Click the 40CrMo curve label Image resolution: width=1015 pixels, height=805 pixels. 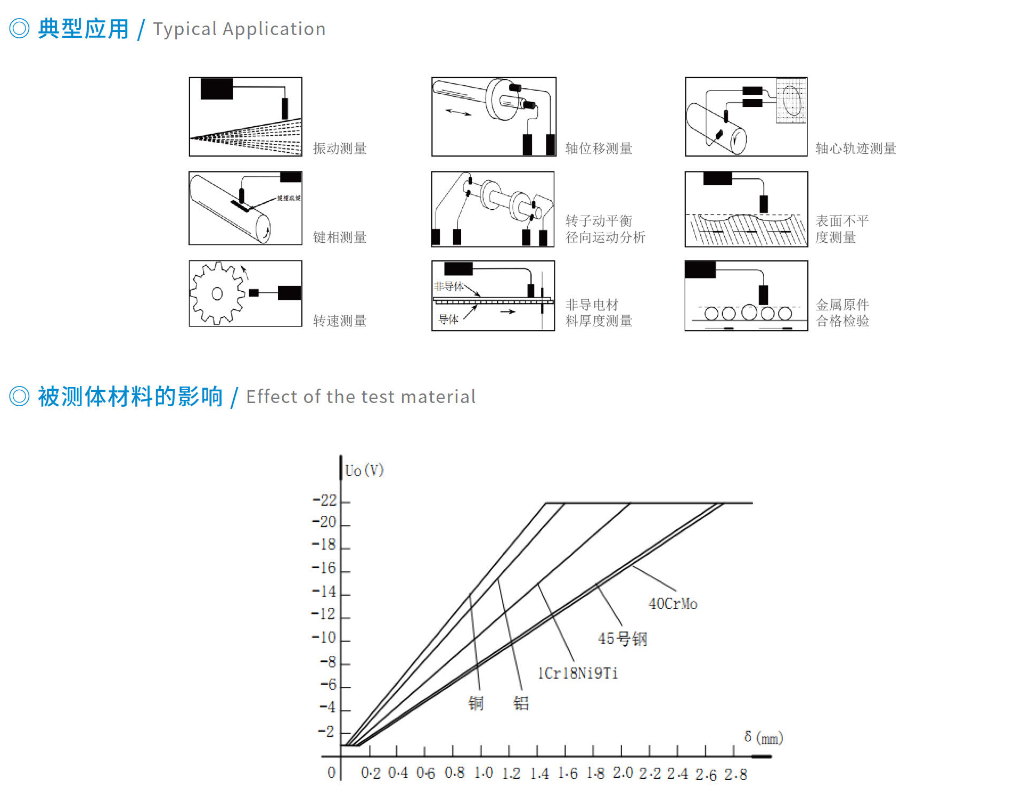tap(673, 604)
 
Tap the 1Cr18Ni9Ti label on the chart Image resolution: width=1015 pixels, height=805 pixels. tap(578, 673)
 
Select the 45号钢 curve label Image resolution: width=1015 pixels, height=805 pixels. tap(623, 638)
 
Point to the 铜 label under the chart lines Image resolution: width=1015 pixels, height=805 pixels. tap(476, 703)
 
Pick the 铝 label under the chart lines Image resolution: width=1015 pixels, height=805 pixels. tap(521, 703)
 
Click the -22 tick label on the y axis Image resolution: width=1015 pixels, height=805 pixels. tap(325, 500)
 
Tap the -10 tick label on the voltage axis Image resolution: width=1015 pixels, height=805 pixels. tap(324, 637)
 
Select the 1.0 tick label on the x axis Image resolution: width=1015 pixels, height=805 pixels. tap(484, 773)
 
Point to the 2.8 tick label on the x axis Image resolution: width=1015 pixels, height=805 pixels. tap(735, 774)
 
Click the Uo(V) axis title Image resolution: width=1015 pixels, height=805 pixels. tap(364, 471)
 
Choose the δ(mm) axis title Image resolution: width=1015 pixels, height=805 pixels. tap(764, 738)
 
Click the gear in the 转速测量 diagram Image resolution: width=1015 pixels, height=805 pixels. tap(217, 293)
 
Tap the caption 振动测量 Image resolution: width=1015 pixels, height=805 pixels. tap(340, 149)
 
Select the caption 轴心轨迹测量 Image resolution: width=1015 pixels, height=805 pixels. tap(856, 149)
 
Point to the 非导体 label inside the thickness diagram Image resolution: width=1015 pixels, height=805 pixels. tap(448, 286)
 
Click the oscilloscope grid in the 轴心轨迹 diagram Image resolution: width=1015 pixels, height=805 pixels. tap(791, 101)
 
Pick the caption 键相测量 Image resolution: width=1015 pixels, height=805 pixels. tap(340, 237)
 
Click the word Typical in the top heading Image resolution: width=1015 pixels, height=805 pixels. tap(185, 29)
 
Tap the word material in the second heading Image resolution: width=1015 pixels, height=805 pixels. tap(438, 397)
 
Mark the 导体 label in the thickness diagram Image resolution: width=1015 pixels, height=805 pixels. tap(448, 319)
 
